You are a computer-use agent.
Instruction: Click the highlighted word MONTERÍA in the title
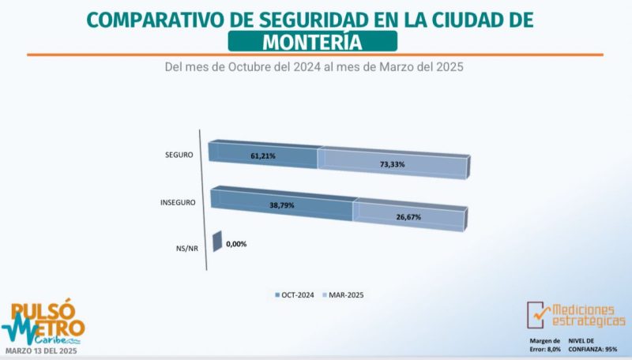click(314, 40)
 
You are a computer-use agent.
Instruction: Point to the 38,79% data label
click(281, 204)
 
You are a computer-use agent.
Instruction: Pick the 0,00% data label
click(236, 244)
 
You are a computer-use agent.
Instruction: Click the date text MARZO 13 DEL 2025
click(44, 350)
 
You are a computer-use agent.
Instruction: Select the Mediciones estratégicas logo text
click(585, 315)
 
